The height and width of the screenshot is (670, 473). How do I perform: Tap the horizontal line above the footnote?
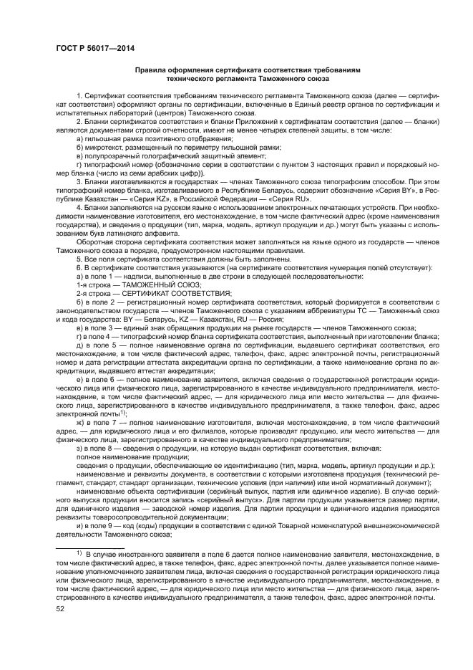85,545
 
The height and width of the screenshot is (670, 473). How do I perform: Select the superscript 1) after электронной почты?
123,412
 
